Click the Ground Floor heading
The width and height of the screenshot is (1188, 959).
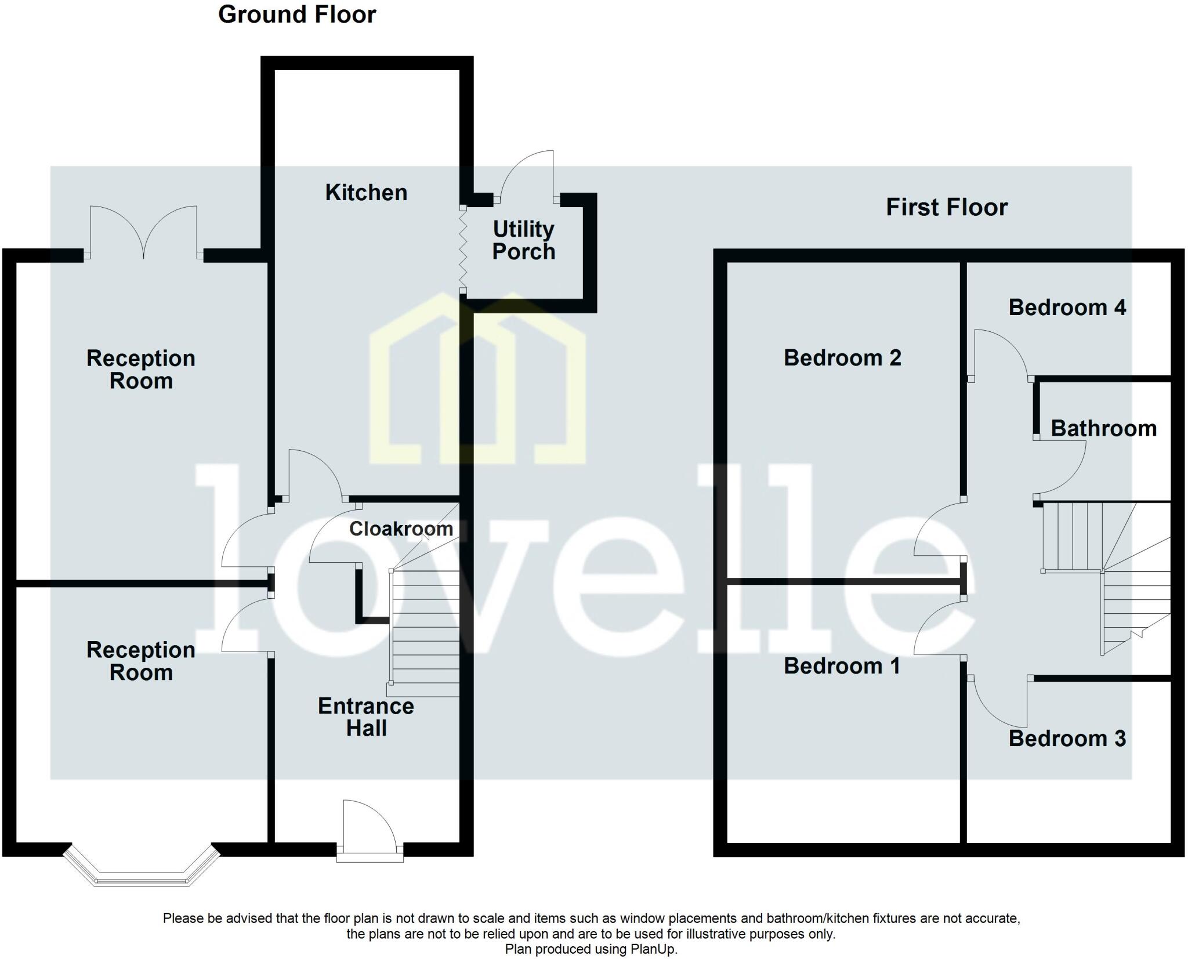point(297,15)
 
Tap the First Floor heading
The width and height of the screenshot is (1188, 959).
point(947,207)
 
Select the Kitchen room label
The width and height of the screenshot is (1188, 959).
point(366,193)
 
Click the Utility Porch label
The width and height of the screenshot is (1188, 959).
point(523,240)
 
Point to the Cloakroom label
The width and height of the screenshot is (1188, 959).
point(401,529)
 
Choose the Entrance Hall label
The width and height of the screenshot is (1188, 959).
point(366,717)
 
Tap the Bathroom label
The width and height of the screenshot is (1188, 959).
point(1103,428)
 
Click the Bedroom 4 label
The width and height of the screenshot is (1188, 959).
point(1067,307)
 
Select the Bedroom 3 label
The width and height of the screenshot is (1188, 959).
point(1067,739)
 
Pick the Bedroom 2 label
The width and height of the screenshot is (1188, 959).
point(842,357)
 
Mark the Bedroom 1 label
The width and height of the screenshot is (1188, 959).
point(842,665)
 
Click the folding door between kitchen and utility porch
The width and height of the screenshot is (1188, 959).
point(463,248)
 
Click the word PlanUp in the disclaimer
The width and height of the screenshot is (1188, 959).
point(656,949)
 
